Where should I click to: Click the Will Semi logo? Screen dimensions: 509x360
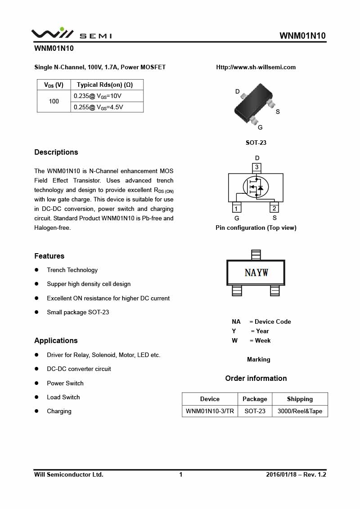pyautogui.click(x=71, y=34)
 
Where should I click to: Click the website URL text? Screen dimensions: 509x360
pyautogui.click(x=256, y=67)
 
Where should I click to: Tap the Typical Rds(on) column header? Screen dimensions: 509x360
pyautogui.click(x=107, y=85)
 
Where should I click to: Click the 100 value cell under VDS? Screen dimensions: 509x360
pyautogui.click(x=54, y=101)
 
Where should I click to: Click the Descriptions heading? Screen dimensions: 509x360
pyautogui.click(x=56, y=152)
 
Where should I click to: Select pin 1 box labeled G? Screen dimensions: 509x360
pyautogui.click(x=236, y=208)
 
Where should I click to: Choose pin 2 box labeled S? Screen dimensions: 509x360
pyautogui.click(x=274, y=208)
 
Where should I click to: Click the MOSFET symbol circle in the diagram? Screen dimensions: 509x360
pyautogui.click(x=256, y=188)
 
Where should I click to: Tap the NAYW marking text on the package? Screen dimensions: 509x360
pyautogui.click(x=256, y=272)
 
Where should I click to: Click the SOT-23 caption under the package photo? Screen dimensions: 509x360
pyautogui.click(x=256, y=143)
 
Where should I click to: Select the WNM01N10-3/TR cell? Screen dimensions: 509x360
pyautogui.click(x=210, y=411)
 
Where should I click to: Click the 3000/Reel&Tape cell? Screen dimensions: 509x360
pyautogui.click(x=300, y=411)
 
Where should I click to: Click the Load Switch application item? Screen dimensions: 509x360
pyautogui.click(x=63, y=397)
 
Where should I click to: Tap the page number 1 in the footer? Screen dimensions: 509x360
pyautogui.click(x=181, y=474)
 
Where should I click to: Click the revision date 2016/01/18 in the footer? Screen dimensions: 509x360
pyautogui.click(x=281, y=474)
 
